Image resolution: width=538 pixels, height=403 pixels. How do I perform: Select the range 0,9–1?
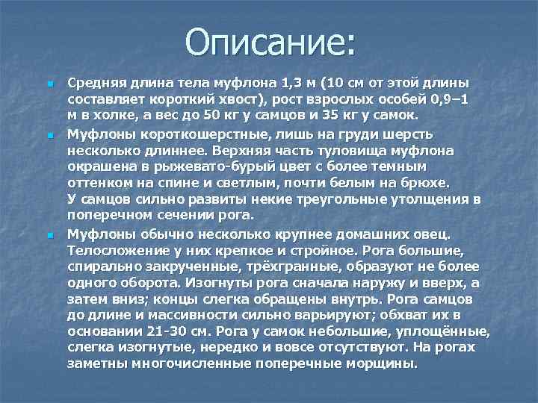[447, 99]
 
